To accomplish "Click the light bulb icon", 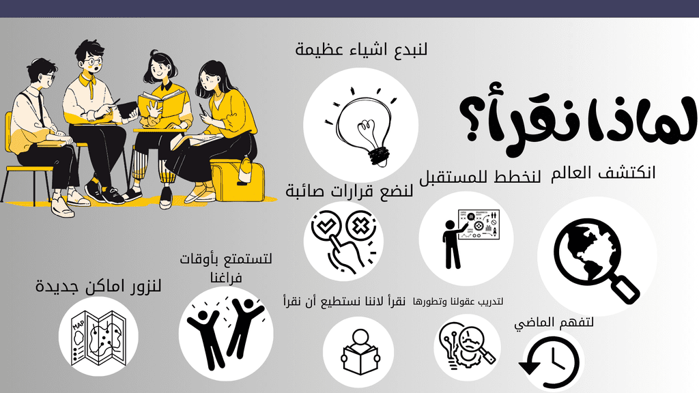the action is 361,126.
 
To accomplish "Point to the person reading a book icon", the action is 360,352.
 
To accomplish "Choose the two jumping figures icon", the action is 226,333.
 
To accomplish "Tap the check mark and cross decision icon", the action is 344,242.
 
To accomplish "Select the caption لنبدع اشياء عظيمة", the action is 361,48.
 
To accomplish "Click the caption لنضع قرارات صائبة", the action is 349,192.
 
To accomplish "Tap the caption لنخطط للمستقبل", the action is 480,177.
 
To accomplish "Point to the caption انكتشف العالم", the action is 603,173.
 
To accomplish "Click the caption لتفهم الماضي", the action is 554,323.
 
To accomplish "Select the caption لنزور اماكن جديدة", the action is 98,286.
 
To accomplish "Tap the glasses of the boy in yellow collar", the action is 93,61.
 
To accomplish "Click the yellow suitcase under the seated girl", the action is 237,179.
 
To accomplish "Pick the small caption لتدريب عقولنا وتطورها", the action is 458,302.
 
